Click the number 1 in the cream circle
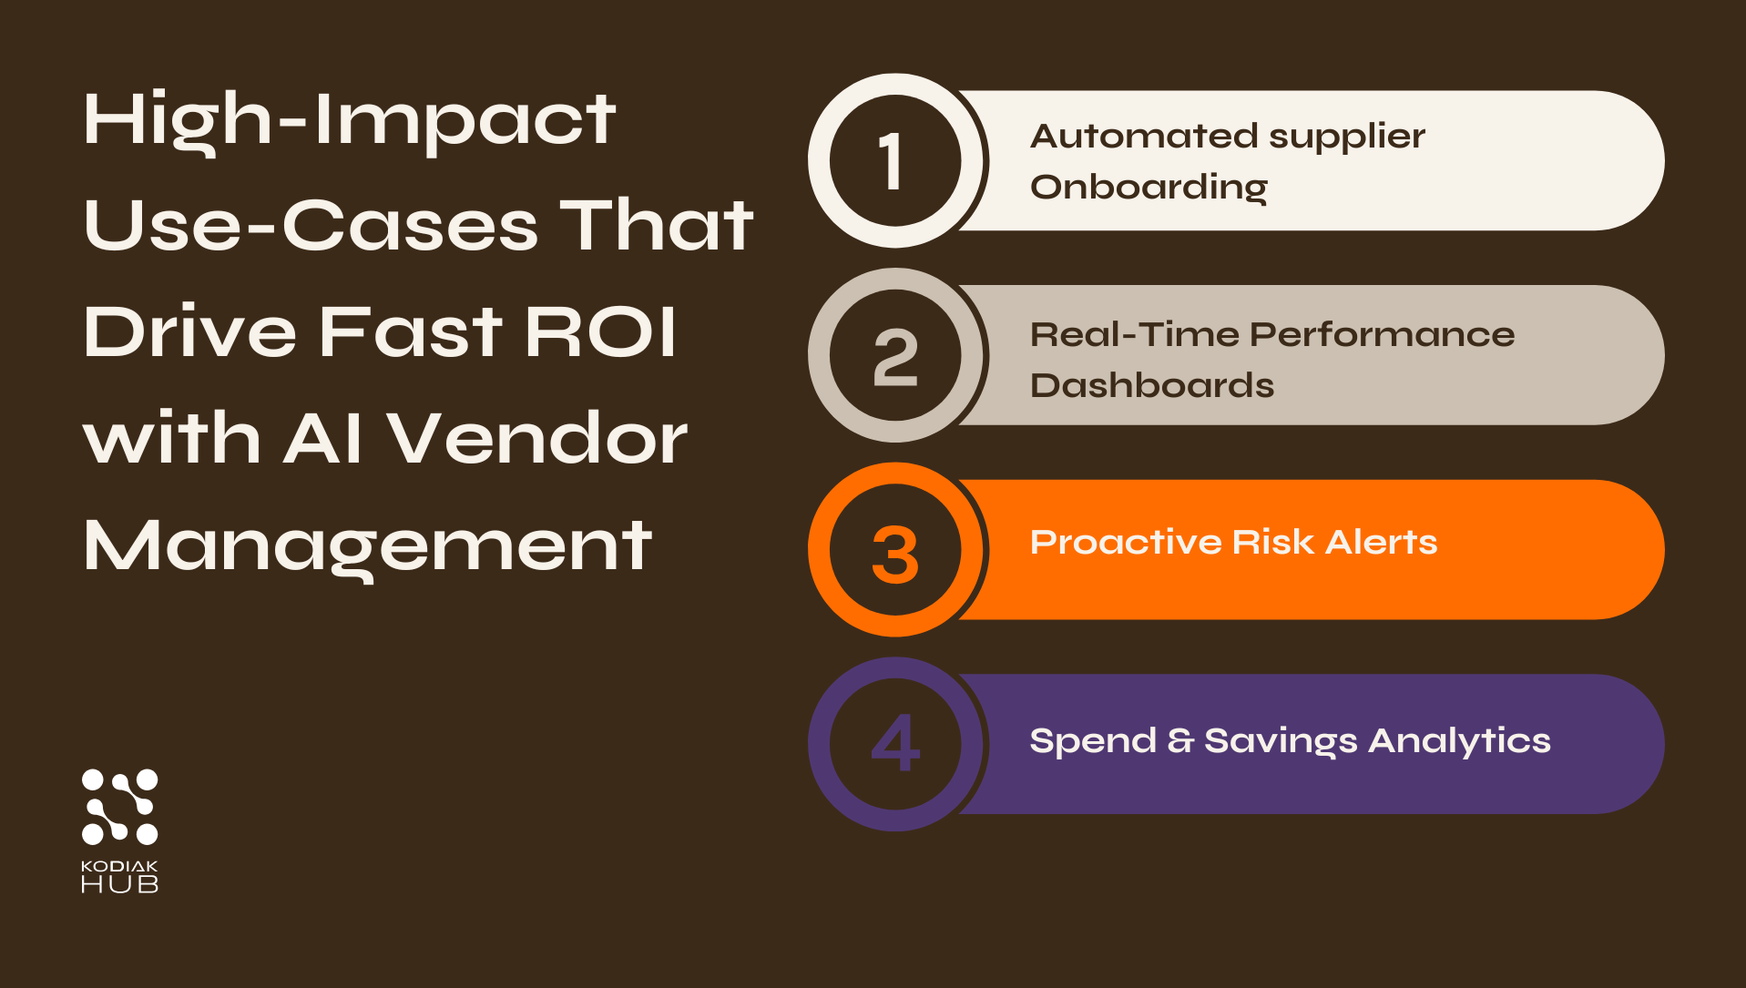[890, 161]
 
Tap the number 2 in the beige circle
[895, 357]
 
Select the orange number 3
[895, 554]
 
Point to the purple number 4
[895, 743]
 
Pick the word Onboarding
[1149, 188]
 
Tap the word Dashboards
[1151, 385]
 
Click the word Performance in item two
[1383, 335]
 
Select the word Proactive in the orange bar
[1126, 542]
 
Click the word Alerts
[1381, 542]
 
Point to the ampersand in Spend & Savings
[1180, 740]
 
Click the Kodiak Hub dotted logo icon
[119, 807]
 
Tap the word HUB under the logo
[119, 884]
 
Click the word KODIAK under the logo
[119, 866]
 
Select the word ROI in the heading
[600, 331]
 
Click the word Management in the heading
[367, 546]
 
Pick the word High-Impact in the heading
[349, 121]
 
